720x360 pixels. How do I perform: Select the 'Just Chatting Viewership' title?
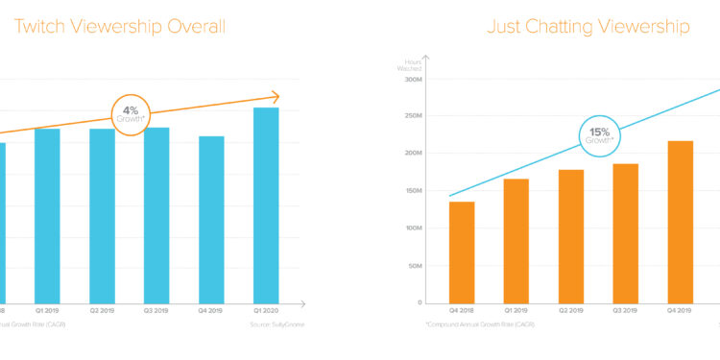588,27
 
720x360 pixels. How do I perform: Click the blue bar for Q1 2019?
47,215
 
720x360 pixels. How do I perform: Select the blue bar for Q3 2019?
156,215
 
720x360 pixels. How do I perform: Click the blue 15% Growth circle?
599,135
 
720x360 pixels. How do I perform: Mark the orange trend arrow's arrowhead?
276,96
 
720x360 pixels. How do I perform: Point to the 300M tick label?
414,80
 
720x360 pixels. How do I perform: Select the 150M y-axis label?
414,191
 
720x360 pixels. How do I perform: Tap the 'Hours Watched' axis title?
412,64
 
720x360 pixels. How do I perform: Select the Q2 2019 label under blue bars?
102,312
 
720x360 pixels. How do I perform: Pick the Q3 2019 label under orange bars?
625,312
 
